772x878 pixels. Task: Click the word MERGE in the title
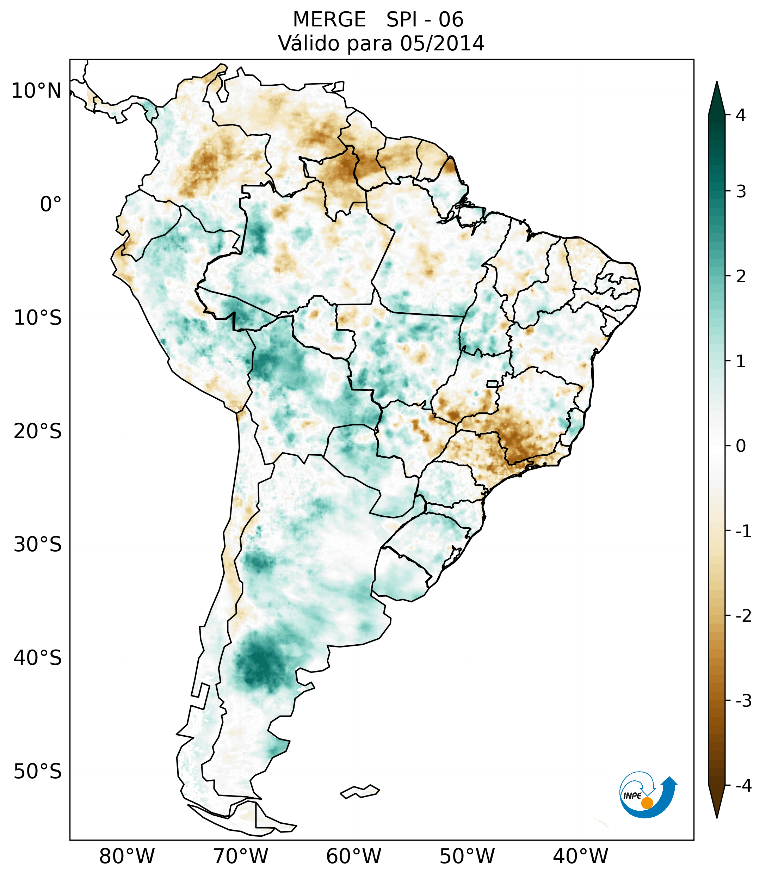329,20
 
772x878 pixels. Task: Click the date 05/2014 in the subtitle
442,43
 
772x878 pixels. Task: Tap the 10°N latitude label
37,91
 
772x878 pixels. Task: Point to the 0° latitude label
51,204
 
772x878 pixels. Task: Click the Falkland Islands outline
360,791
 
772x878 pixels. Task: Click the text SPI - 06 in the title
425,20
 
